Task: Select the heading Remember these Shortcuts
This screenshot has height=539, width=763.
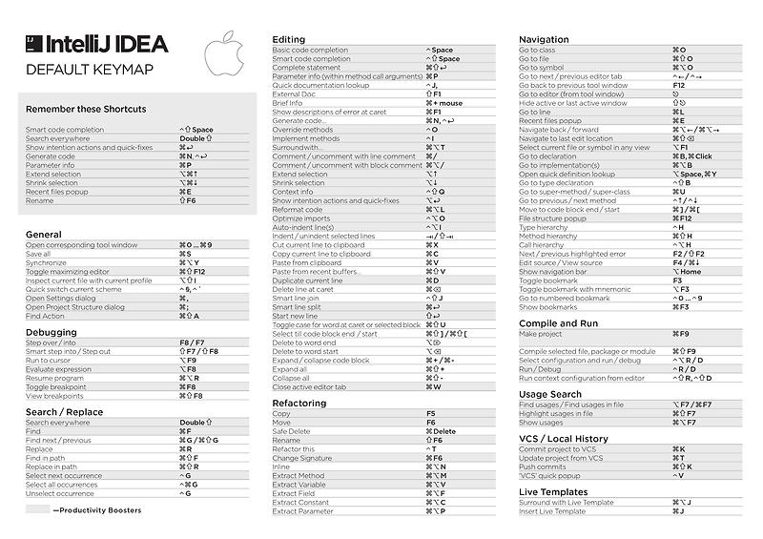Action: pyautogui.click(x=86, y=109)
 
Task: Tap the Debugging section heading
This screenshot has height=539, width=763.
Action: pyautogui.click(x=52, y=333)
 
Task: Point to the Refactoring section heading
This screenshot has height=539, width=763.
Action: pyautogui.click(x=300, y=404)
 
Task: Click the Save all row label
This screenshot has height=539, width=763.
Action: pyautogui.click(x=38, y=254)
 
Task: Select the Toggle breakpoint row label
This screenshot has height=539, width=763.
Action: pyautogui.click(x=55, y=386)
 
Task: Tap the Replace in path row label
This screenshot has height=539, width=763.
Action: pyautogui.click(x=52, y=466)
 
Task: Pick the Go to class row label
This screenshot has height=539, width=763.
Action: pyautogui.click(x=537, y=50)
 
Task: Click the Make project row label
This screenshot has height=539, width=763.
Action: pyautogui.click(x=540, y=335)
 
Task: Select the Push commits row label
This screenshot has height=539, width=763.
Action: pyautogui.click(x=544, y=466)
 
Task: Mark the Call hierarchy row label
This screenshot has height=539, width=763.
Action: pyautogui.click(x=541, y=245)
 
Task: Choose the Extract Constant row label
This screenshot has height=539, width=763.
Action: pyautogui.click(x=300, y=502)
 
